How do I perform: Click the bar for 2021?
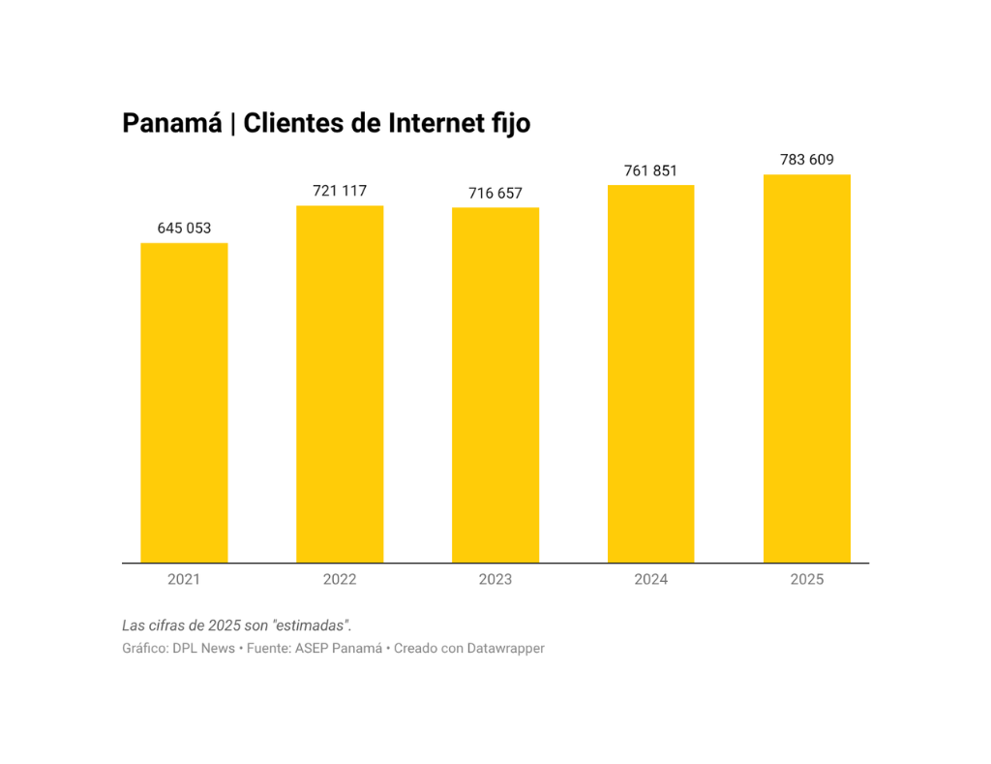point(184,402)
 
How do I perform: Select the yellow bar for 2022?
point(340,383)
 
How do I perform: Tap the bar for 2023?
point(495,384)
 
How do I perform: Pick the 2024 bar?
point(651,373)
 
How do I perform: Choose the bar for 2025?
point(807,368)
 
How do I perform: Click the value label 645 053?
point(184,229)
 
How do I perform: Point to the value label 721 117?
point(340,191)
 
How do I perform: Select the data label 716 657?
point(495,194)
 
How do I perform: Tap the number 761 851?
point(651,170)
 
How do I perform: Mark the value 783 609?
point(807,160)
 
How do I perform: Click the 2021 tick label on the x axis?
point(184,579)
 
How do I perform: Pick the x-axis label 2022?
point(340,579)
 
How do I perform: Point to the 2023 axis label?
point(495,579)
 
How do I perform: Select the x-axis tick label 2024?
point(651,579)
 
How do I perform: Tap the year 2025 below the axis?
point(807,579)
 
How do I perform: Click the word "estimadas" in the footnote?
point(311,626)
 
